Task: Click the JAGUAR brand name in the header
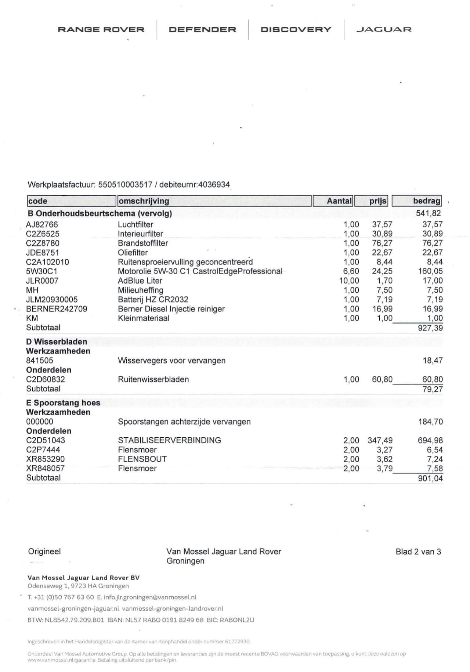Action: [384, 29]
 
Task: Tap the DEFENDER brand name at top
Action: [202, 29]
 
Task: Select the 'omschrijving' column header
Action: [144, 201]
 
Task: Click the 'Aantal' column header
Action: [339, 201]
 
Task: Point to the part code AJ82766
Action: [42, 224]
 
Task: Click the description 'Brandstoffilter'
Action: [143, 243]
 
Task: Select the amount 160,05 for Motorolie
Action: [430, 271]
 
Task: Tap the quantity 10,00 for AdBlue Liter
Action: [349, 281]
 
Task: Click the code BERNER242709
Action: [57, 309]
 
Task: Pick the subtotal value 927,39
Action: [430, 328]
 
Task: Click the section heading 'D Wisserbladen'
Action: [57, 342]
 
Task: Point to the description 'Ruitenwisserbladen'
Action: [153, 379]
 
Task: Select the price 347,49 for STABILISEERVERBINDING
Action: [380, 440]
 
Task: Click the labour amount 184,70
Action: [430, 422]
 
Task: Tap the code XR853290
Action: [45, 459]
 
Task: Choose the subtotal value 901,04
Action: [430, 478]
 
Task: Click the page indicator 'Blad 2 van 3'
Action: [418, 552]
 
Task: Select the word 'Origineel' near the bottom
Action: [44, 551]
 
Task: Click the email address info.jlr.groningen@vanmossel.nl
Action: [150, 597]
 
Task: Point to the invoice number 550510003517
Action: [125, 185]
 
